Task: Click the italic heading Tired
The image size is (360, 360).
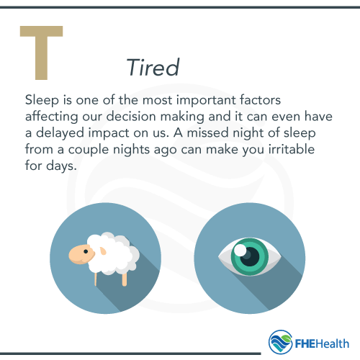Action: click(x=152, y=67)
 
